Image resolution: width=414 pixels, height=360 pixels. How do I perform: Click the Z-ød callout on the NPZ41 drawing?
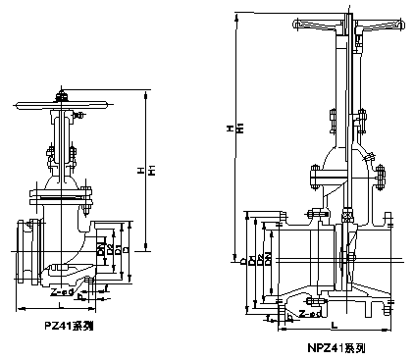(x=309, y=315)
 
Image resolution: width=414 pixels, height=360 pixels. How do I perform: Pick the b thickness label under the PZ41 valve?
(x=83, y=298)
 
